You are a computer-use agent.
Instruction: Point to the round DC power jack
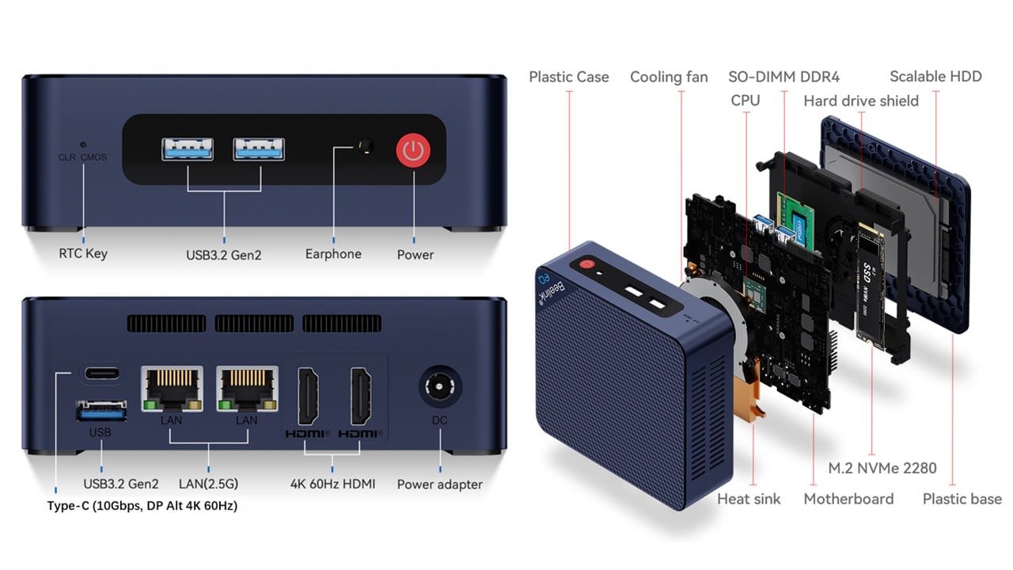439,389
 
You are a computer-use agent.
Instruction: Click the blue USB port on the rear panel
101,411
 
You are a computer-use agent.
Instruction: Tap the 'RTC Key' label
83,254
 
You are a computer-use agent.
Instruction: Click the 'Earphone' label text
333,254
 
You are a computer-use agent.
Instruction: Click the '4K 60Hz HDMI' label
332,484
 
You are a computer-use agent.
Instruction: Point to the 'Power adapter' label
439,484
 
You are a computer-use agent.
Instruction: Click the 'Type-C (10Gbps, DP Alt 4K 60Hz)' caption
142,506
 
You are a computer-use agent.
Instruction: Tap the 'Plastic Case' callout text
569,77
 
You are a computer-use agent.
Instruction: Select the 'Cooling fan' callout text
669,77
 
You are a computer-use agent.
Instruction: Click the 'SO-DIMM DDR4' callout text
783,77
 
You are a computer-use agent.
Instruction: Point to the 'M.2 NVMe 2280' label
882,468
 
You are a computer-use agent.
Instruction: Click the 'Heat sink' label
749,499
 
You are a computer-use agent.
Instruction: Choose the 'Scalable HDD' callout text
935,77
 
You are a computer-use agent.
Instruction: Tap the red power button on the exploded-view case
586,266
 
